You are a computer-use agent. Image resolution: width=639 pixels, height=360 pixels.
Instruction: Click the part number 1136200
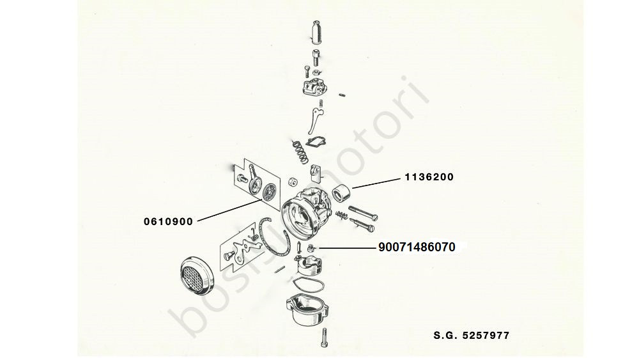(427, 178)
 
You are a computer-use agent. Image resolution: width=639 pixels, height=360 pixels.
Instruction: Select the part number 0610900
(168, 221)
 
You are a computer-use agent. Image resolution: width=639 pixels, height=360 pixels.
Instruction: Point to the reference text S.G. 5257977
(470, 335)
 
